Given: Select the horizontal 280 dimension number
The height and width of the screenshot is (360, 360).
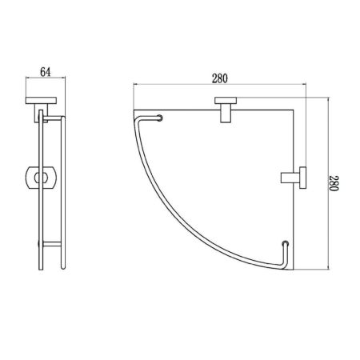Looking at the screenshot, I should [x=220, y=78].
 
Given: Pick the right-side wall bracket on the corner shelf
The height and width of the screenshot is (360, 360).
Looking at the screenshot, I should [x=294, y=175].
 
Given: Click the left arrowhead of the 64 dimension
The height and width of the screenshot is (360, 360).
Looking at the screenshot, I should [x=26, y=78].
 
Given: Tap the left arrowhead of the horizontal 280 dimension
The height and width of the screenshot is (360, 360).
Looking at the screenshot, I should [x=135, y=85].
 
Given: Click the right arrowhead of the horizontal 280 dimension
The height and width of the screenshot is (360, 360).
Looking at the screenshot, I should [x=306, y=85].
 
